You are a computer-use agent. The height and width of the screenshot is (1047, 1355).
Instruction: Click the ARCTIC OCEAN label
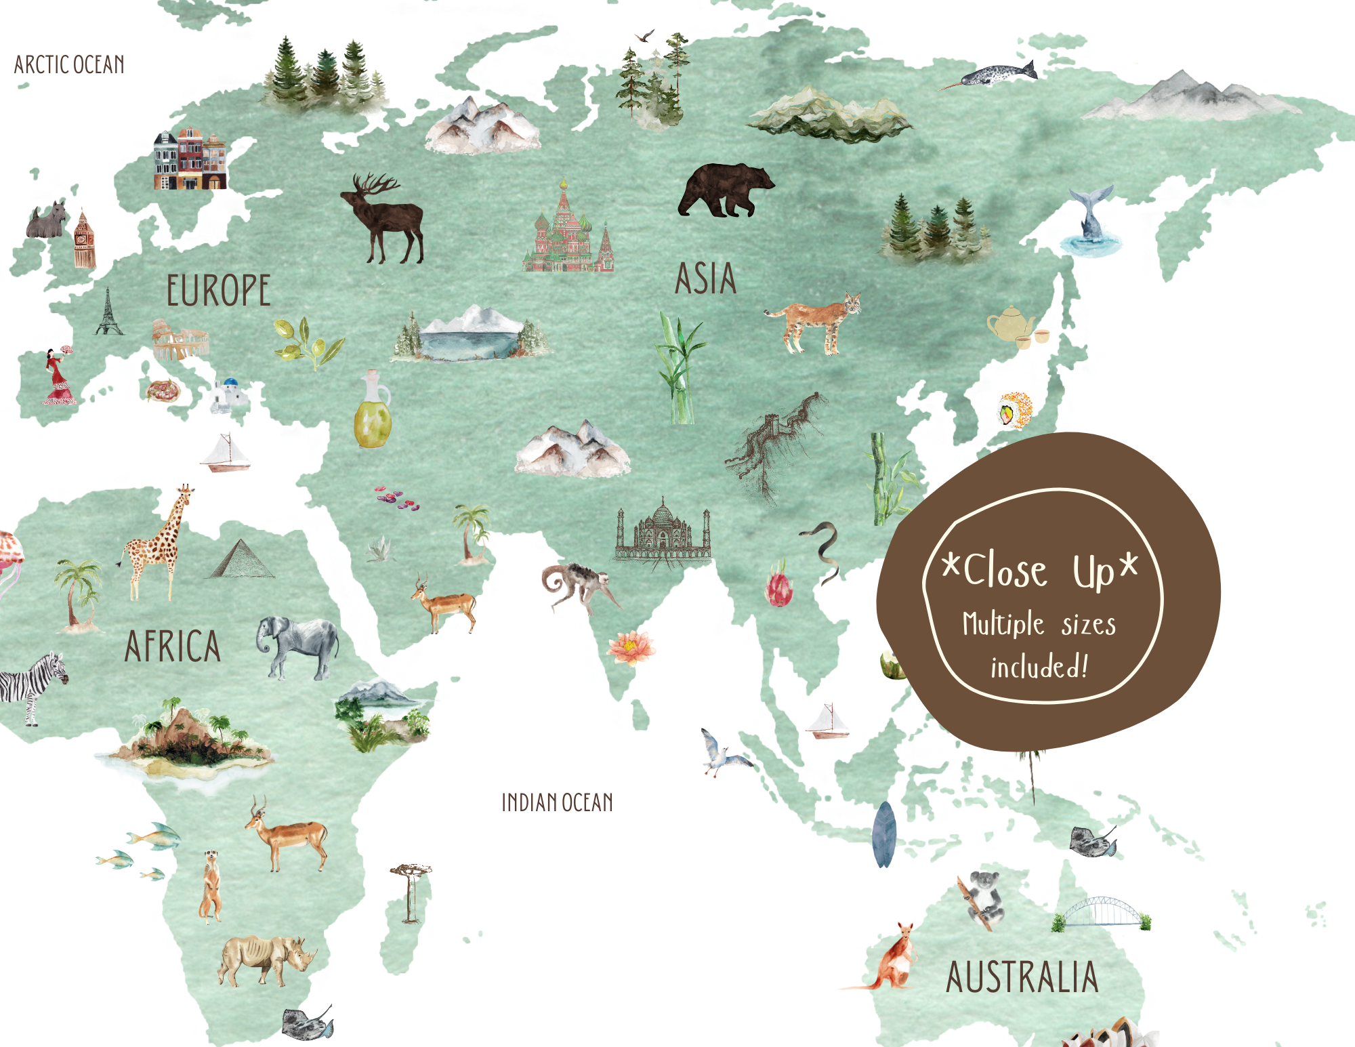pyautogui.click(x=69, y=65)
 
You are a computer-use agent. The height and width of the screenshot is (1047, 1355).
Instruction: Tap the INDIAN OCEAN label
pyautogui.click(x=557, y=803)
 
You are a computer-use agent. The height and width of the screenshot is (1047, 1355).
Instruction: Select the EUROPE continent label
pyautogui.click(x=218, y=291)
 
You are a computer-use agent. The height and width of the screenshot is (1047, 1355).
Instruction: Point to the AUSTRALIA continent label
pyautogui.click(x=1022, y=977)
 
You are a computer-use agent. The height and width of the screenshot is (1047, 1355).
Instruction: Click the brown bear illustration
pyautogui.click(x=725, y=190)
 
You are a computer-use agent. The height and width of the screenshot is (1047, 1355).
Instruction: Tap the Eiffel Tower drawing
pyautogui.click(x=108, y=312)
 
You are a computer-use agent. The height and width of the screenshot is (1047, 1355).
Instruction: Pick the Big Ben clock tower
pyautogui.click(x=84, y=240)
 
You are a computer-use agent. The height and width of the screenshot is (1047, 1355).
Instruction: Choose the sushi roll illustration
pyautogui.click(x=1014, y=409)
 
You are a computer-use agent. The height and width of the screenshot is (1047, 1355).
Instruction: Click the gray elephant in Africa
pyautogui.click(x=298, y=646)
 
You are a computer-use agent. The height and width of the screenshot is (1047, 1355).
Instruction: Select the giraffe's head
pyautogui.click(x=185, y=492)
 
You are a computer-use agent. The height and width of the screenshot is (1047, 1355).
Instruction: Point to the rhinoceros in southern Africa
pyautogui.click(x=266, y=960)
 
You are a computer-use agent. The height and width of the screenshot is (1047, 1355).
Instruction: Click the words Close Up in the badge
pyautogui.click(x=1040, y=571)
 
